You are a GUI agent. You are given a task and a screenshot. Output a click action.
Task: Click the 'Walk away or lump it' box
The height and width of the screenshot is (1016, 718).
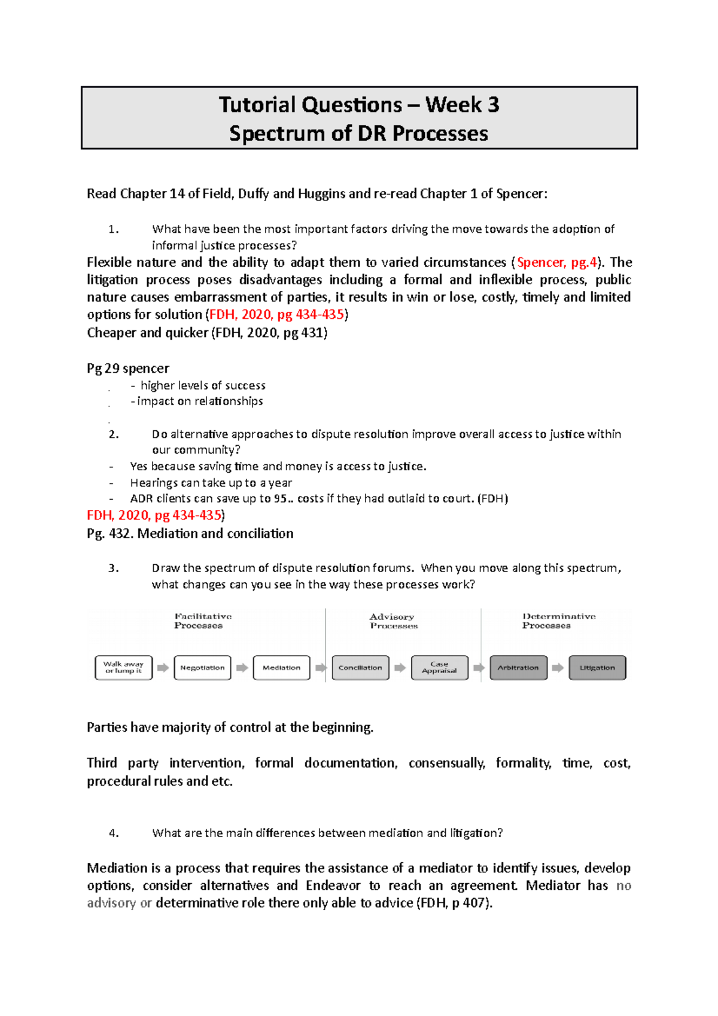click(x=123, y=668)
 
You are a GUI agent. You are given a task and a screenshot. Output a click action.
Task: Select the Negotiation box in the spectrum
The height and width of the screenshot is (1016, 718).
click(x=202, y=668)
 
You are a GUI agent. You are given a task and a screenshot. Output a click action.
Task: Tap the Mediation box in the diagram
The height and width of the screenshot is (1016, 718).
click(x=281, y=668)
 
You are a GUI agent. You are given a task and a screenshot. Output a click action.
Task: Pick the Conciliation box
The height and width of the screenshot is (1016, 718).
click(x=360, y=668)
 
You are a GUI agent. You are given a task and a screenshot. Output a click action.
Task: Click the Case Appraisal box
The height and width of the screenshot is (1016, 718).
click(x=439, y=668)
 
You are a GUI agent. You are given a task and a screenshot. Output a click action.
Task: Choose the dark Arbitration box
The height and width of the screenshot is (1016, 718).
click(x=518, y=668)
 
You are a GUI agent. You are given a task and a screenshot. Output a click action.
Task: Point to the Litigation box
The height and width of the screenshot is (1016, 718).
click(x=597, y=668)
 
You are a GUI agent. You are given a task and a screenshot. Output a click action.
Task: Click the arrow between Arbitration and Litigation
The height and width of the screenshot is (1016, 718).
click(x=558, y=668)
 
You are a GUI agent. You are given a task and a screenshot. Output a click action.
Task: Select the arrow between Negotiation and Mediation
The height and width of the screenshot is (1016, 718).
click(x=242, y=668)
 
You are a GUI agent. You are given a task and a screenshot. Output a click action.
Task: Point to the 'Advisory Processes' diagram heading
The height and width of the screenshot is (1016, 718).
click(x=393, y=621)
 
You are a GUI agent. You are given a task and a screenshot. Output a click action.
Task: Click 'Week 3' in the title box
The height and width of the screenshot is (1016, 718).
click(x=462, y=105)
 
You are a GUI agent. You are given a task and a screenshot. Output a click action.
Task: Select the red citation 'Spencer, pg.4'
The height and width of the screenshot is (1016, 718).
click(x=556, y=263)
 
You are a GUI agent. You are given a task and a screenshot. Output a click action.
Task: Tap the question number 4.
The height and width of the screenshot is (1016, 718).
click(x=114, y=833)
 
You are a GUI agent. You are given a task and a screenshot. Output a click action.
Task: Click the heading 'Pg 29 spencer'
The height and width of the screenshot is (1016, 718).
click(x=128, y=369)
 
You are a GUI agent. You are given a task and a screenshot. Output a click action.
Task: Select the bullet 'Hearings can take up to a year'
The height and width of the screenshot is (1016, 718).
click(x=211, y=483)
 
